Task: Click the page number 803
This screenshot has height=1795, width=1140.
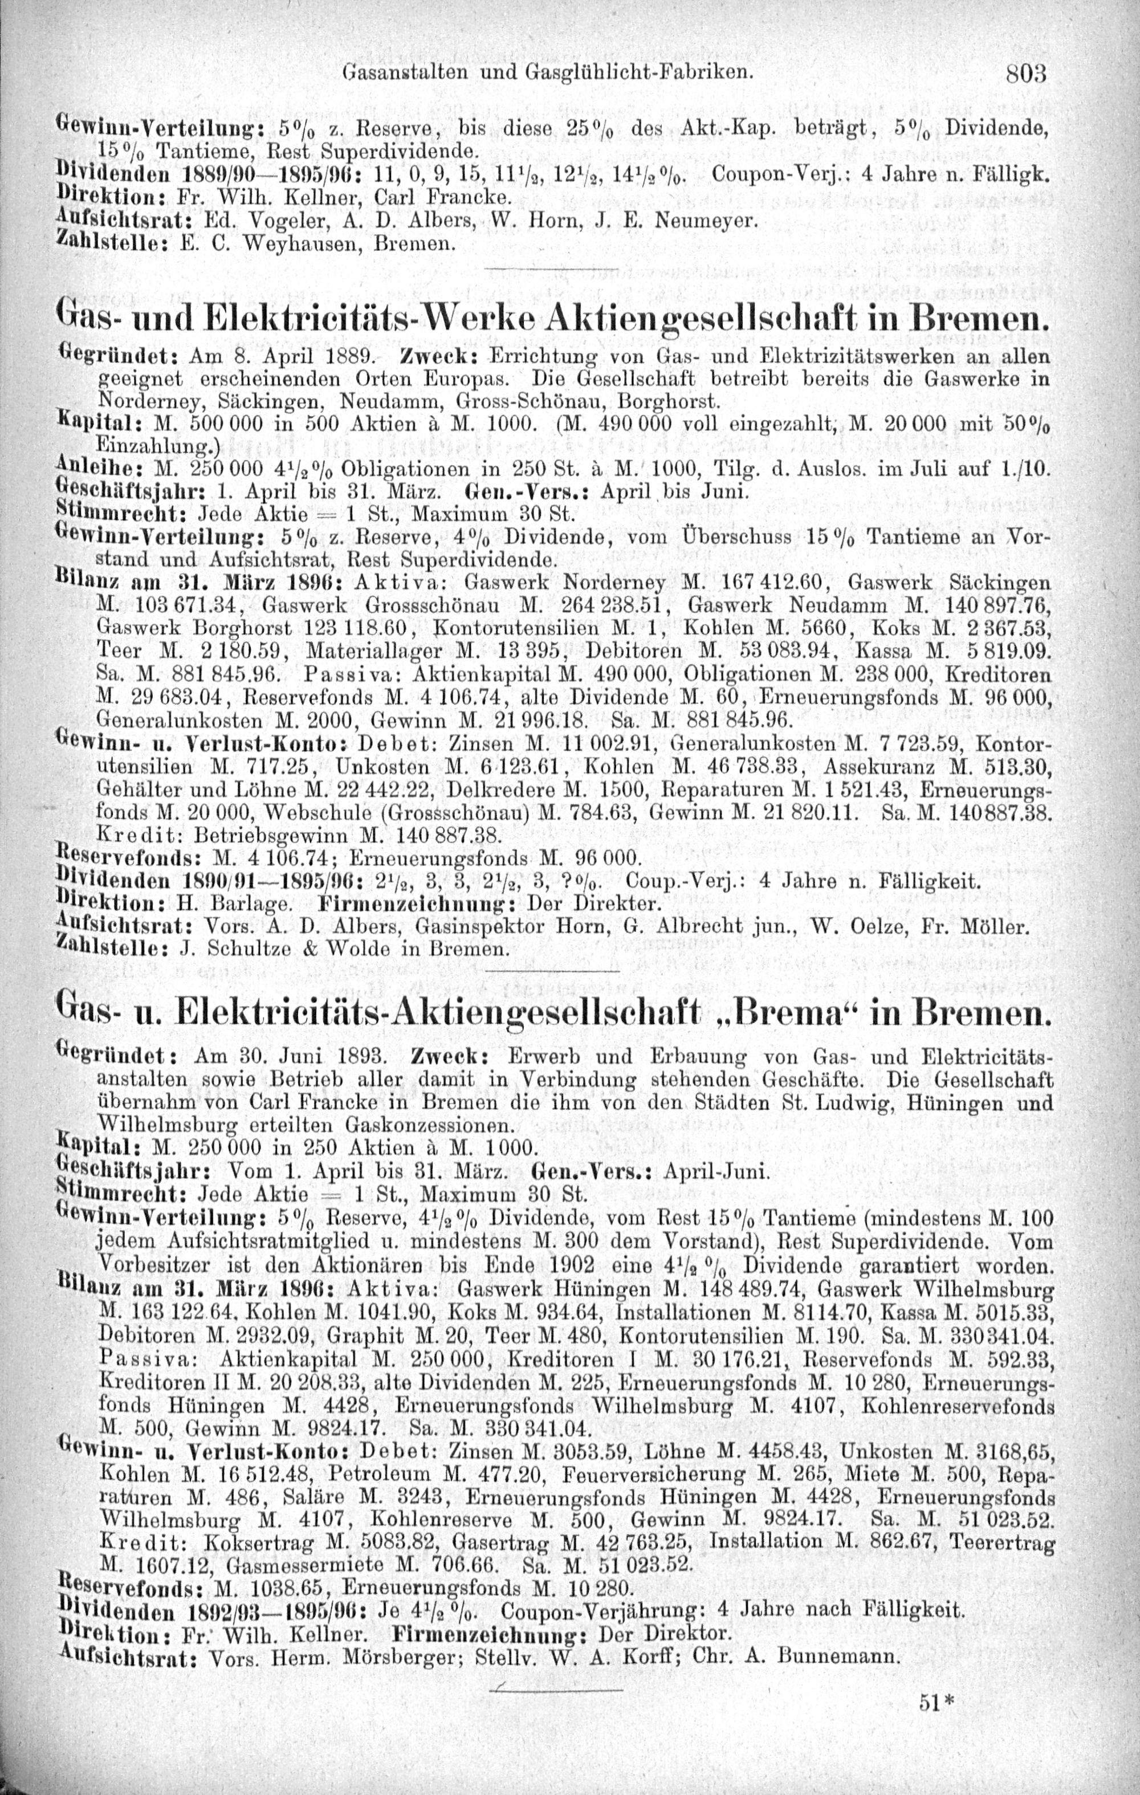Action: (x=1026, y=75)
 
